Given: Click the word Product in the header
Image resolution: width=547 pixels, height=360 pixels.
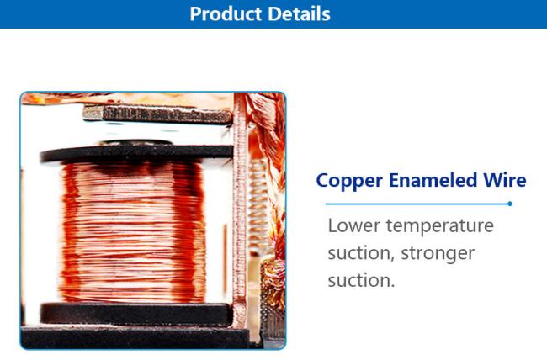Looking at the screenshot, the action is tap(226, 14).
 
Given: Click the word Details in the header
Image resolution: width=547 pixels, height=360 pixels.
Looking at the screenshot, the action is tap(300, 14).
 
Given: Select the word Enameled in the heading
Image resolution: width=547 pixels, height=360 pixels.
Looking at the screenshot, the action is tap(433, 180).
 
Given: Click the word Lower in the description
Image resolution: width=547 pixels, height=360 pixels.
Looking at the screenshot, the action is tap(353, 225).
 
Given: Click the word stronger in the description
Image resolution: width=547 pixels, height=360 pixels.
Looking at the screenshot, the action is tap(438, 254).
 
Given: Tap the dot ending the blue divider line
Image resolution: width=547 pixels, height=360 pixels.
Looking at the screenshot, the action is tap(510, 204).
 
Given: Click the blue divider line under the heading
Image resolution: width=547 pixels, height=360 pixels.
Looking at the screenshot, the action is tap(418, 204).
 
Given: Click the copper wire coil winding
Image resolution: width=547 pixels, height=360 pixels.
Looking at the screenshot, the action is tap(133, 232).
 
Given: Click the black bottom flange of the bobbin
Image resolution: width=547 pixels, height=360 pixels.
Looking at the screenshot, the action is tap(136, 314).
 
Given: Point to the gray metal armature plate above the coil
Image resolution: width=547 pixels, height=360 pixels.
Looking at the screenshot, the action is tap(157, 114).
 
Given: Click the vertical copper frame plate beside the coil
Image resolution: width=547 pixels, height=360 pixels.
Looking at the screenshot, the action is tap(240, 209).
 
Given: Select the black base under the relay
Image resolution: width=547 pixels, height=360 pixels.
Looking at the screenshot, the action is tap(135, 337).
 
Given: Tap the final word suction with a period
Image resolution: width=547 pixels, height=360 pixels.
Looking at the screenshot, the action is tap(361, 281).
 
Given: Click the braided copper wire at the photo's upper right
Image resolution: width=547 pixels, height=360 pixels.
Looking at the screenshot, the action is tap(268, 129).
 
